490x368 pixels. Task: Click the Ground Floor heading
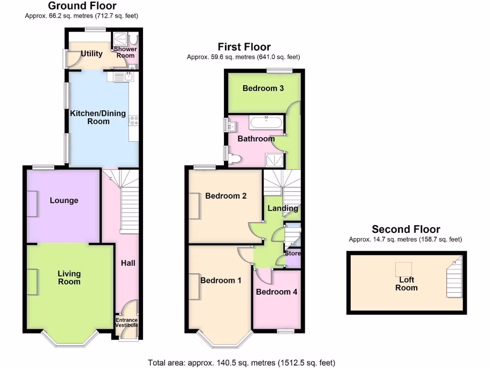coord(82,6)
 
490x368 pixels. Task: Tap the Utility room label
coord(91,54)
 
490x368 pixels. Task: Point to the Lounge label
coord(64,200)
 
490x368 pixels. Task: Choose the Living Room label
coord(69,277)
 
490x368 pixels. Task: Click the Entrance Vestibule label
coord(126,322)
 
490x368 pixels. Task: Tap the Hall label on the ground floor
coord(128,263)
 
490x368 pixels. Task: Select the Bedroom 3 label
coord(263,88)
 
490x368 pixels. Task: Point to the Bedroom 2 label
coord(226,195)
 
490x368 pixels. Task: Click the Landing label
coord(283,208)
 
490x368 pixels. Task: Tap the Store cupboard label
coord(293,253)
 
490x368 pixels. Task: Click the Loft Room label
coord(406,284)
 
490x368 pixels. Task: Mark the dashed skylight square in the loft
coord(403,269)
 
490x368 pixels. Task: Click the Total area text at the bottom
coord(242,362)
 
